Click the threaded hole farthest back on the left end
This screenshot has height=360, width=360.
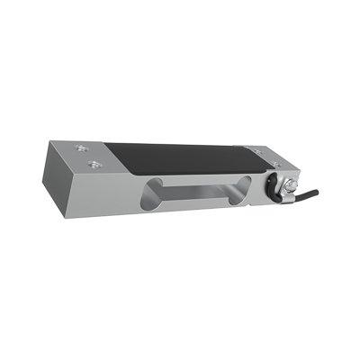83,148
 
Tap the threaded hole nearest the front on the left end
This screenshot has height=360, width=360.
94,164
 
